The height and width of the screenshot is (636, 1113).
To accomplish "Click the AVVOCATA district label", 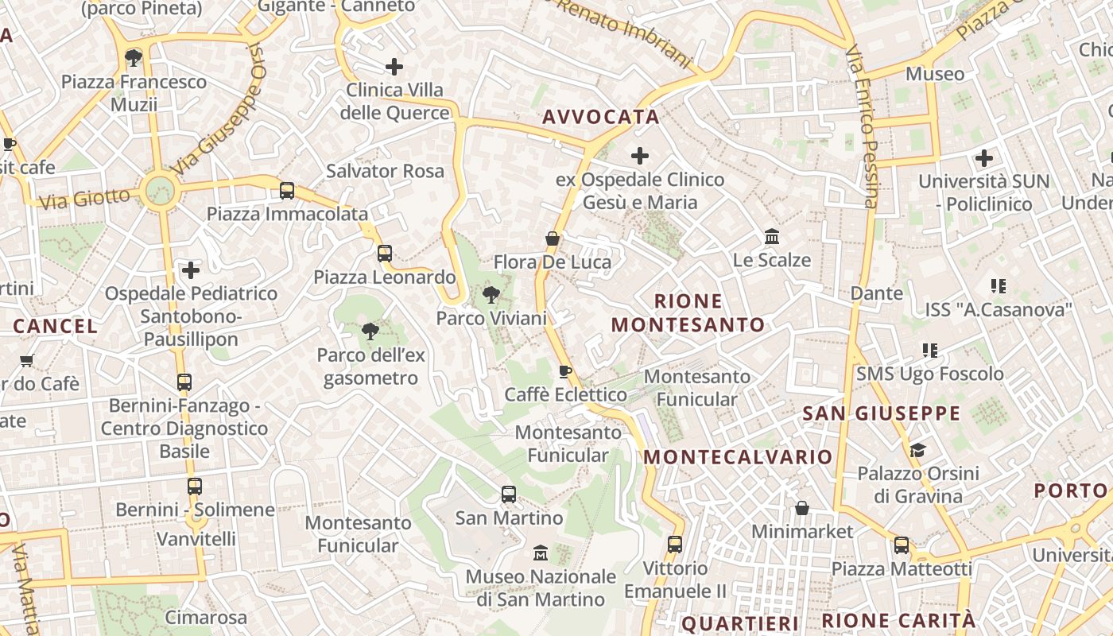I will (x=600, y=117).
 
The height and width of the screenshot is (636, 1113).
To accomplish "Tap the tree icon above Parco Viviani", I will (x=491, y=295).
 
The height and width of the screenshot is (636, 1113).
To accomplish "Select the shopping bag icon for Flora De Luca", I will (x=553, y=238).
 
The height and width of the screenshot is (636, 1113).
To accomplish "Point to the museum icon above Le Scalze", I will (x=771, y=237).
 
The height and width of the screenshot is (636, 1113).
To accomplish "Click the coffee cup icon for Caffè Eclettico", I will (x=565, y=371).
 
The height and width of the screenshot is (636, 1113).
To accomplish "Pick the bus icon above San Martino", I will (x=509, y=494).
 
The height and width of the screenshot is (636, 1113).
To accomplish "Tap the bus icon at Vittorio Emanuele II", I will (x=675, y=545).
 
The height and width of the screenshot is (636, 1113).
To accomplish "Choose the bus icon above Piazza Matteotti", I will (x=902, y=545).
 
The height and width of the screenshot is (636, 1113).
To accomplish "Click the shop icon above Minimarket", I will (x=802, y=507).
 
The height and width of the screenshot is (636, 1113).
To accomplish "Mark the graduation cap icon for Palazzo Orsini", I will (x=917, y=450).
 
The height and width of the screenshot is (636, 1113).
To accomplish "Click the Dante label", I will (x=877, y=293).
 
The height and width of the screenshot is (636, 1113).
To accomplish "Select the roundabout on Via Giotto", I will (x=160, y=190).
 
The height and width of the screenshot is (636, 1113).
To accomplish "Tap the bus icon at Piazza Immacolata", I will (x=287, y=191).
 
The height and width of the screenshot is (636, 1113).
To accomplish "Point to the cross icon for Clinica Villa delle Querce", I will (x=394, y=67).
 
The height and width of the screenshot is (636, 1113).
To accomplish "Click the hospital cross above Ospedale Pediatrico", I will (x=191, y=270).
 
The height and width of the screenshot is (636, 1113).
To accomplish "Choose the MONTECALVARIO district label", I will (x=738, y=457).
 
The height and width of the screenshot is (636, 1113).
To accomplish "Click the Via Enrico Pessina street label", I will (x=864, y=127).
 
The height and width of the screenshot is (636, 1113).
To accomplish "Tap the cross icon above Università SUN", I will (x=984, y=158).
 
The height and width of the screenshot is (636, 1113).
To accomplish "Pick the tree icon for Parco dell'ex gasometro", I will (x=370, y=331).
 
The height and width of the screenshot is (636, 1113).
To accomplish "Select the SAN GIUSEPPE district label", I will (x=882, y=413).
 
